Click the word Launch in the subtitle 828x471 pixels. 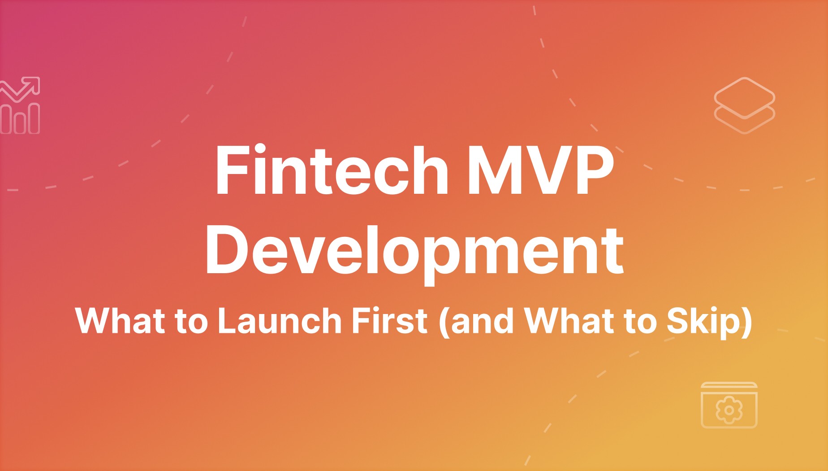tap(279, 321)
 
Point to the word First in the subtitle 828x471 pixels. tap(389, 321)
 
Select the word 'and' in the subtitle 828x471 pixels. tap(482, 322)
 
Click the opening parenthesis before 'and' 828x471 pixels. tap(444, 322)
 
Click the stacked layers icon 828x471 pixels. tap(744, 105)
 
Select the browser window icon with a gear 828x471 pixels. tap(729, 405)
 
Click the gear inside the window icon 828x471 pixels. tap(729, 410)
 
